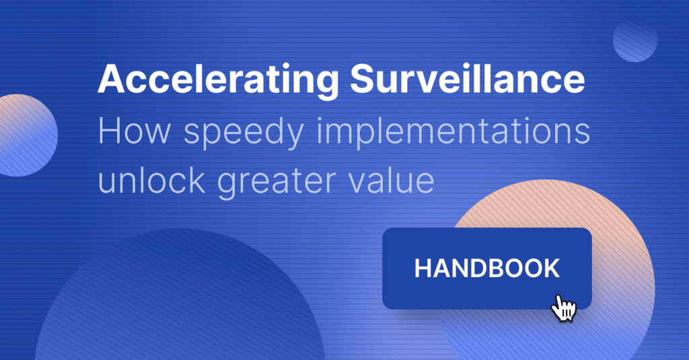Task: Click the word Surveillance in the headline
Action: pyautogui.click(x=467, y=78)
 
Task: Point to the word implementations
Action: pyautogui.click(x=453, y=132)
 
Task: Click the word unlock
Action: pyautogui.click(x=151, y=180)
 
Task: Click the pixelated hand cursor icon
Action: pyautogui.click(x=564, y=308)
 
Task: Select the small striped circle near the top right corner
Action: pyautogui.click(x=635, y=40)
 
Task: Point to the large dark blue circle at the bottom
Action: pyautogui.click(x=180, y=299)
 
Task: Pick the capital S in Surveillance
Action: pyautogui.click(x=362, y=79)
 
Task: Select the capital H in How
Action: pyautogui.click(x=109, y=131)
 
